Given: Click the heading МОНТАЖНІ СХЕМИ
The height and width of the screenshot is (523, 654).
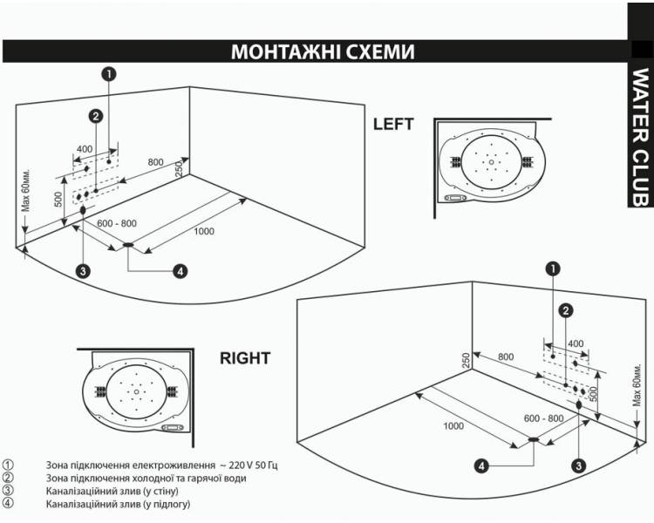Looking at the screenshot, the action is pos(323,51).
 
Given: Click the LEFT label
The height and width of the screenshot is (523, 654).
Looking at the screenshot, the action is pos(393,125).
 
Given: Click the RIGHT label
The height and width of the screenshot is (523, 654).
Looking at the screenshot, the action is pos(245,358).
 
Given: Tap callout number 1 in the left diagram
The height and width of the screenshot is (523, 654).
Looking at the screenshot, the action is pos(109,74).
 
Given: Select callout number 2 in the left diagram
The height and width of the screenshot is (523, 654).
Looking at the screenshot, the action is pos(96,116).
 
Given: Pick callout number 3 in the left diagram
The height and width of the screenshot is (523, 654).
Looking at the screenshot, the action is pos(84,271).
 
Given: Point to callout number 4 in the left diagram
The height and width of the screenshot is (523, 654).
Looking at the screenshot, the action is pos(180,271).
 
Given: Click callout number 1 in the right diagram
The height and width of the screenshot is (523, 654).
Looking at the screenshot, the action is pos(553,269).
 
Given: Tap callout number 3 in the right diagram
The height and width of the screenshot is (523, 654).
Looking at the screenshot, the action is pos(578,465).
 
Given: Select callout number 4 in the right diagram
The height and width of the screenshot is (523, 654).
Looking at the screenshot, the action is pos(481,465).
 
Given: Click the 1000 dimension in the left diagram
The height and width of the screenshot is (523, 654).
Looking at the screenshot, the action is pos(204,232).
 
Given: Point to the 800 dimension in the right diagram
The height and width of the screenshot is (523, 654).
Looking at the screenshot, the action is pos(506,357).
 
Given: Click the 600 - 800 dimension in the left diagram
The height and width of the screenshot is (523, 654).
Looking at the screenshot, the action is pos(117,223).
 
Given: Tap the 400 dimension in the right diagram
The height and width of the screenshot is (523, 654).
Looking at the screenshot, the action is pos(576,343).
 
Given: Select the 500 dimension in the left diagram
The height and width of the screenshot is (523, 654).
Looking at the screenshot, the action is pos(58,200).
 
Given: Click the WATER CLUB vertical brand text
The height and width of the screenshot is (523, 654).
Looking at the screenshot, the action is pos(641,137).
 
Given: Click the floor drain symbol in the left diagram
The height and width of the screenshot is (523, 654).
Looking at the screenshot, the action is pos(128,245).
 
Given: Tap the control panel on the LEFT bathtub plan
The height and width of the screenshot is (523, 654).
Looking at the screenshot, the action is pos(455,198).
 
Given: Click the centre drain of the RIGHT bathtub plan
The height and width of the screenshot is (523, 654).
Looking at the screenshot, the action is pos(136,392).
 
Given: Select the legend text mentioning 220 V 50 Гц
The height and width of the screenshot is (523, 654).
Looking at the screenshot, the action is pos(162,465).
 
